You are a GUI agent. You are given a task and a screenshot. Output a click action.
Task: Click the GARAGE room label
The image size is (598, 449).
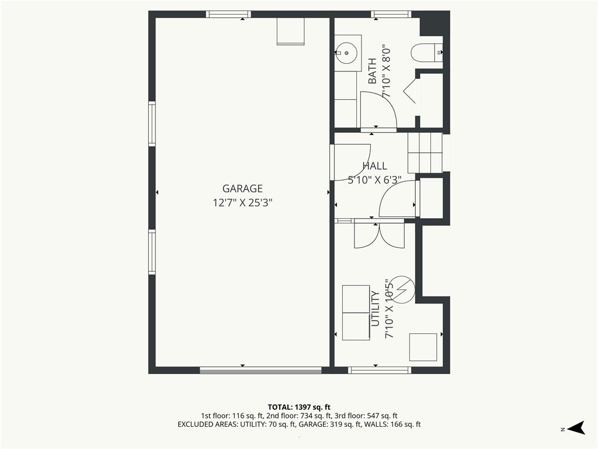[242, 189]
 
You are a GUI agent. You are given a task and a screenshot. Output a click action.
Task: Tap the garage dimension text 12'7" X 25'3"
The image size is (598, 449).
[242, 202]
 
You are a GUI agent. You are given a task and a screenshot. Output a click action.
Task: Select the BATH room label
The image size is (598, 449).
[372, 71]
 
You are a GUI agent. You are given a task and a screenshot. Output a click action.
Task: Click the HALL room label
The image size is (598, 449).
[374, 165]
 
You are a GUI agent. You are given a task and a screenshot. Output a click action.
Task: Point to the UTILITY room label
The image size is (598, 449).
[376, 309]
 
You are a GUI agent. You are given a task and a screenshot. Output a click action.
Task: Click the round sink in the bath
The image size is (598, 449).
[346, 53]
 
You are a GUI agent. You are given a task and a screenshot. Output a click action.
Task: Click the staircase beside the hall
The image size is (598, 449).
[425, 153]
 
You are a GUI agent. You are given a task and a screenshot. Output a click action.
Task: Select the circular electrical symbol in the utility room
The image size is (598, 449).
[403, 290]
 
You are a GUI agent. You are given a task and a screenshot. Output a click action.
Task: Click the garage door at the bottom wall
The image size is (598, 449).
[261, 370]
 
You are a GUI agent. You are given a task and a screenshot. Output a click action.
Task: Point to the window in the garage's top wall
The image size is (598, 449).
[228, 15]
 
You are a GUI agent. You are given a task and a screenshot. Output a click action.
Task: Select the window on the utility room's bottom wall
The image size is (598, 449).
[380, 370]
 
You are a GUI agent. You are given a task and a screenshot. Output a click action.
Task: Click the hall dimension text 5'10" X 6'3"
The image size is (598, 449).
[374, 179]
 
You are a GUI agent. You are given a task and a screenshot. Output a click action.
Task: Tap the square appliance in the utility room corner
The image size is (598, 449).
[423, 347]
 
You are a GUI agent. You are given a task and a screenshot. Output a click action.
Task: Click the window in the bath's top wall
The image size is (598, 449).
[391, 15]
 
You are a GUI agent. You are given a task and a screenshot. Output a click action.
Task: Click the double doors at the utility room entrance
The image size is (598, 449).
[379, 234]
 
